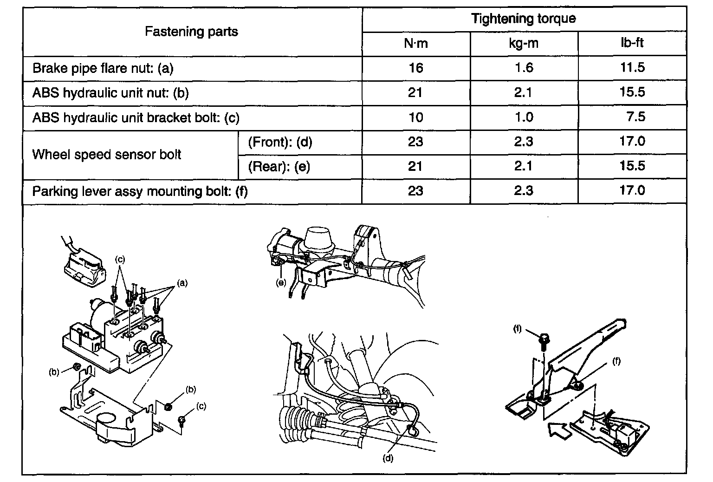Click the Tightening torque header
(523, 19)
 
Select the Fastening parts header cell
(191, 32)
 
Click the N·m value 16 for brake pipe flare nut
(415, 68)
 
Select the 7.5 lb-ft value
(635, 117)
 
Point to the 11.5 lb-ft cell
(632, 68)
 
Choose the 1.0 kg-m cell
(524, 117)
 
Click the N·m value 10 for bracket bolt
(415, 117)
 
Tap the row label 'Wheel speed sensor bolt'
(106, 155)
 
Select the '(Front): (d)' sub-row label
(280, 142)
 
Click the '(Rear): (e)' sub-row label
(279, 166)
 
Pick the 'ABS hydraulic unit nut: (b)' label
(110, 93)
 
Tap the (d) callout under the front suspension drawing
(388, 458)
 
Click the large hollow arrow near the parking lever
(561, 430)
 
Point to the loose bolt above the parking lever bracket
(544, 340)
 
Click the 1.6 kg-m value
(524, 68)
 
